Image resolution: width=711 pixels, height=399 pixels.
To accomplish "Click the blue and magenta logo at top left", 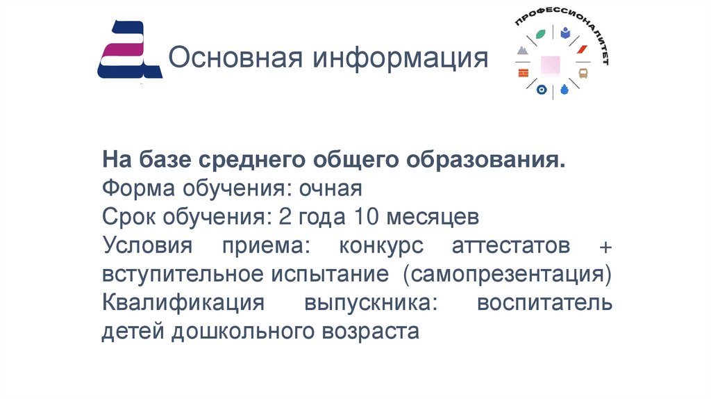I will tap(129, 49).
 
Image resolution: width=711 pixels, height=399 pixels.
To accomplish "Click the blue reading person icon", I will tap(566, 32).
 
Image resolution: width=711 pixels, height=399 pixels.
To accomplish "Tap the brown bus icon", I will tap(584, 72).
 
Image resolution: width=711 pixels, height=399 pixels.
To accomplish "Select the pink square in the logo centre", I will tap(552, 63).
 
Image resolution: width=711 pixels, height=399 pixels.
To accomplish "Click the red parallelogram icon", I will tap(582, 49).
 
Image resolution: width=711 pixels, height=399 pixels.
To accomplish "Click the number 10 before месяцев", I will tap(366, 217).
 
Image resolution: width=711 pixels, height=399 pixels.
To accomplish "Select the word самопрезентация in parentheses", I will tap(506, 274).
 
